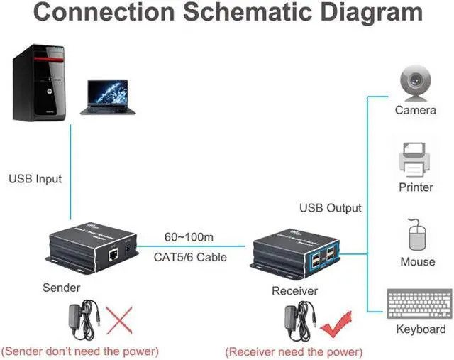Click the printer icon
pyautogui.click(x=416, y=160)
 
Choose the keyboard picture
pyautogui.click(x=419, y=304)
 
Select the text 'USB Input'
pyautogui.click(x=35, y=178)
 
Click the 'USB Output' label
pyautogui.click(x=330, y=208)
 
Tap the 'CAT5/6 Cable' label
pyautogui.click(x=190, y=256)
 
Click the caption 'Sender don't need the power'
pyautogui.click(x=79, y=351)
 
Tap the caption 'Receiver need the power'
pyautogui.click(x=294, y=351)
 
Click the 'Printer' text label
pyautogui.click(x=416, y=187)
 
